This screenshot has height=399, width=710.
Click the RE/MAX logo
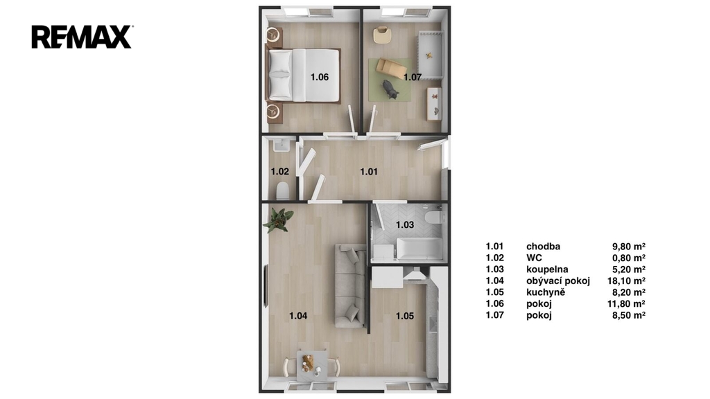(x=82, y=37)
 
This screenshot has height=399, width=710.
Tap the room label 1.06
(x=319, y=77)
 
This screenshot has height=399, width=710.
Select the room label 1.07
(x=413, y=78)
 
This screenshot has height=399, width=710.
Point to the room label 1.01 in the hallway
(x=369, y=172)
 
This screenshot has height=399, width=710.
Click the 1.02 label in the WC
(x=280, y=172)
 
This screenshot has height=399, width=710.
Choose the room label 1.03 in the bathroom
(x=405, y=224)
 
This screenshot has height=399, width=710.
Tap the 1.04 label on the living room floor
(x=298, y=316)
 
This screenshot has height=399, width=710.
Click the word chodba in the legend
(x=543, y=247)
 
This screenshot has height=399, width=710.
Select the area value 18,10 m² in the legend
(x=626, y=281)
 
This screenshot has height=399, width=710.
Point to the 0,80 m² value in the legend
(x=629, y=258)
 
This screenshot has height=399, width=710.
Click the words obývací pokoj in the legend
(x=558, y=281)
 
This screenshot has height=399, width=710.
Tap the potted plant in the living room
(x=278, y=220)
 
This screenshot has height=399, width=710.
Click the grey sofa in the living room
(x=350, y=286)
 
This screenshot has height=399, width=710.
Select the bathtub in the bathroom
(x=419, y=249)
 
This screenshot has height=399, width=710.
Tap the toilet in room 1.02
(x=283, y=190)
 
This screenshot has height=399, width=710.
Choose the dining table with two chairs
(x=311, y=364)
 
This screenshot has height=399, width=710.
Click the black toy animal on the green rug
(x=390, y=89)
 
